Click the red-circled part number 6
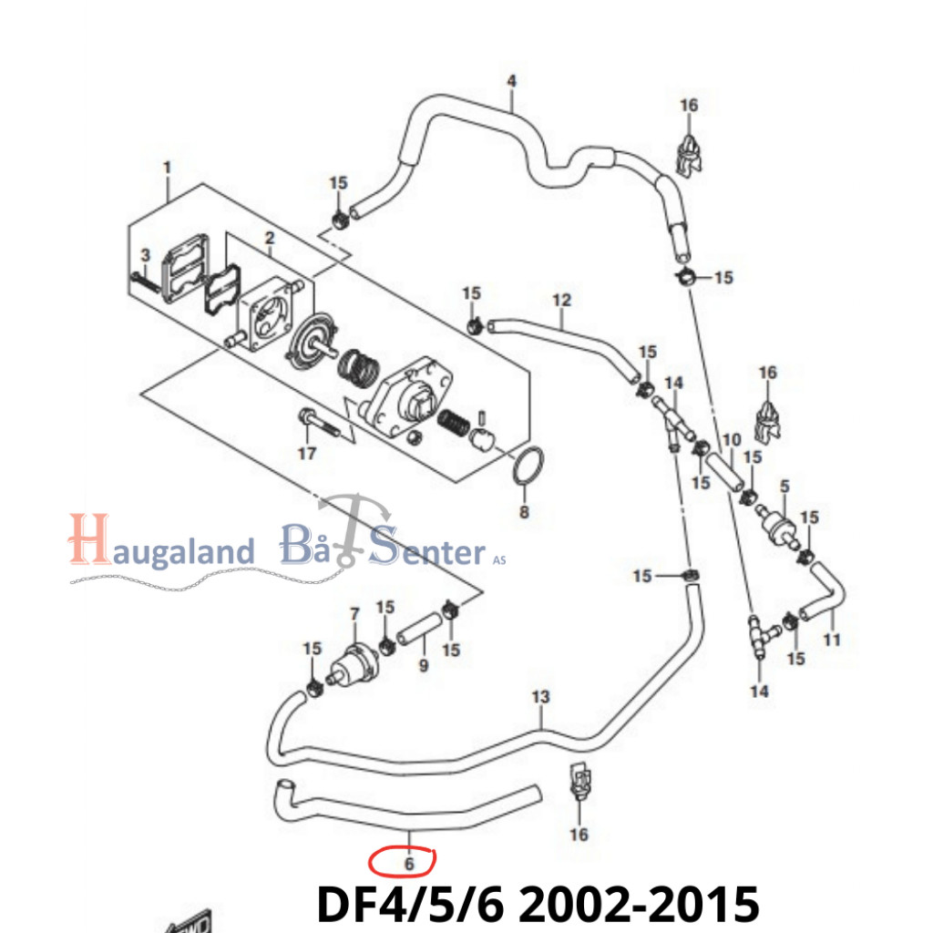tap(409, 864)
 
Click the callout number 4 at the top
tap(512, 81)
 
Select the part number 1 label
tap(168, 168)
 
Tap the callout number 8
tap(524, 512)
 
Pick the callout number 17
tap(307, 454)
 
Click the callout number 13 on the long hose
tap(540, 697)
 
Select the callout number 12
tap(561, 301)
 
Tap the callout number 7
tap(355, 614)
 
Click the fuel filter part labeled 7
tap(354, 667)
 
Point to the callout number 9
tap(424, 664)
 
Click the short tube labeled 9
tap(419, 629)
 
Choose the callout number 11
tap(832, 640)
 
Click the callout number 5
tap(784, 487)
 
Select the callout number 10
tap(732, 440)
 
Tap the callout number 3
tap(145, 255)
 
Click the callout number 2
tap(270, 238)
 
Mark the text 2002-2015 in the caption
tap(640, 904)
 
